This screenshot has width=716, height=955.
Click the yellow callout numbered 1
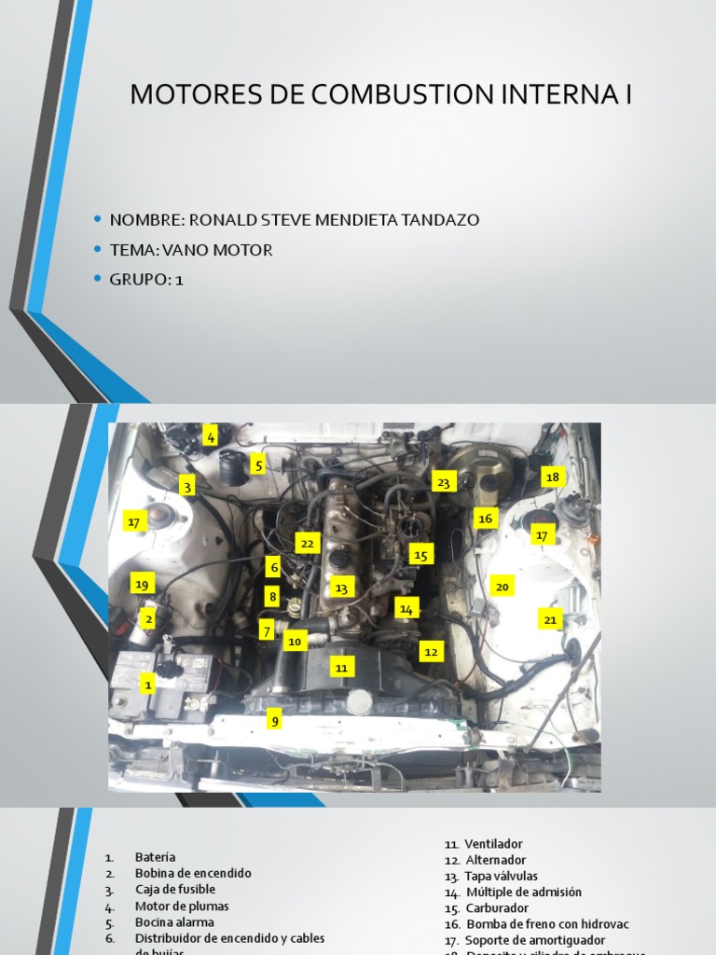tap(147, 685)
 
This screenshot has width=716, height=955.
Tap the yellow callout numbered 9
tap(274, 720)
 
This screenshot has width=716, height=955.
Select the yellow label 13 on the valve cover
tap(341, 588)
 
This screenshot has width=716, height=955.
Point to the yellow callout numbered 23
tap(444, 482)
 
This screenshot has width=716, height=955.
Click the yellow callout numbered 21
tap(550, 619)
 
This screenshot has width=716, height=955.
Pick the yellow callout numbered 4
tap(212, 436)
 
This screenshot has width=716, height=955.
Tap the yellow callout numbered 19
tap(142, 585)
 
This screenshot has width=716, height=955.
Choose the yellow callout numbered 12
tap(430, 652)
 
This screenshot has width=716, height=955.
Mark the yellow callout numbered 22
tap(308, 543)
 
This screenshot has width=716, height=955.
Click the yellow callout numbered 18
tap(553, 477)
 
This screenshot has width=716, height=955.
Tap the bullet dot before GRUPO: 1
tap(97, 279)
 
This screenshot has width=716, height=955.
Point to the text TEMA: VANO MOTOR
tap(191, 250)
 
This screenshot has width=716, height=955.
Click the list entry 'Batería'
tap(155, 857)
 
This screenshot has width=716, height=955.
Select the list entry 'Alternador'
tap(495, 860)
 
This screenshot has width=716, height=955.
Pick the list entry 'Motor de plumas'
tap(182, 906)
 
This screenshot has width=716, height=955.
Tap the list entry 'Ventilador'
tap(493, 843)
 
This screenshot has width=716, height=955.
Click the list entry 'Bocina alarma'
tap(174, 922)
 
